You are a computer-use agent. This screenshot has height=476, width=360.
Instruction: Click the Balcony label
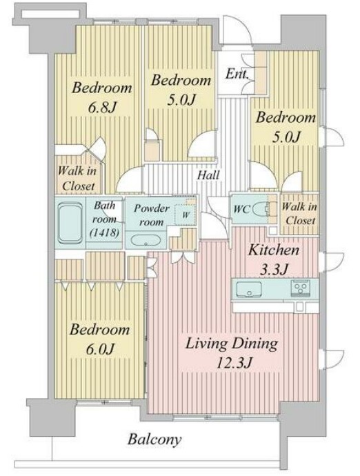point(154,440)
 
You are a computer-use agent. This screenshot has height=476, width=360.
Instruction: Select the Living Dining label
point(231,344)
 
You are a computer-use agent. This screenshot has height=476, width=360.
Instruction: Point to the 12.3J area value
point(234,362)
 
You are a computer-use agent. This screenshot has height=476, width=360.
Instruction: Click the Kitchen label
point(274,250)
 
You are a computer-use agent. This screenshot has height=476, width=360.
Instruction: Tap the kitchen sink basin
point(249,288)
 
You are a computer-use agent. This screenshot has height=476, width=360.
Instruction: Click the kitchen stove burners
point(301,287)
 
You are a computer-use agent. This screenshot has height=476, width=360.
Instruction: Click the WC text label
point(242,209)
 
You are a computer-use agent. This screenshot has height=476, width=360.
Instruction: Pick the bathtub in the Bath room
point(70,223)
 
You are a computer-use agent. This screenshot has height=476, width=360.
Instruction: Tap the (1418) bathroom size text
point(104,232)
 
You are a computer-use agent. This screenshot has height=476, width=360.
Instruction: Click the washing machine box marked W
point(186,215)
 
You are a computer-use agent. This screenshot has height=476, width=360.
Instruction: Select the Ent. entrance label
point(237,74)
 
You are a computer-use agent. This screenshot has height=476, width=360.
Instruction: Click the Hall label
point(208,175)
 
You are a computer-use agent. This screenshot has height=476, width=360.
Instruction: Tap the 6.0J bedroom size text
point(100,349)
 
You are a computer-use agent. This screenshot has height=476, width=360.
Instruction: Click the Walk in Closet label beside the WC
point(299,213)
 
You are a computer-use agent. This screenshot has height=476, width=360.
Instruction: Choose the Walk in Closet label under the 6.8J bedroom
point(77,178)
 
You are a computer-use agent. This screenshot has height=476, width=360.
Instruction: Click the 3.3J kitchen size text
point(274,269)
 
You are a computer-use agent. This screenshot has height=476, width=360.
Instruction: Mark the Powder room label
point(152,215)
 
